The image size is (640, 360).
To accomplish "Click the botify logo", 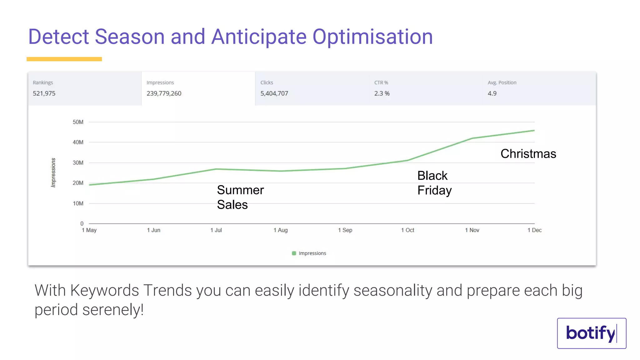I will (591, 333).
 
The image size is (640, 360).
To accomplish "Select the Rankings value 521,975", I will (44, 93).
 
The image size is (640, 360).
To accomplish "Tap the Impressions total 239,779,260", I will (164, 93).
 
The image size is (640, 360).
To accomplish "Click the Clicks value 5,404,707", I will (274, 93).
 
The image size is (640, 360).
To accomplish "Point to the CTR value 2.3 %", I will (382, 93).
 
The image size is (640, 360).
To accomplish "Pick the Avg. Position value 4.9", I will (492, 93).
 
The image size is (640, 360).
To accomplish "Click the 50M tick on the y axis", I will (78, 122).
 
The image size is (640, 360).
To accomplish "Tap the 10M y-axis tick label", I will (78, 203).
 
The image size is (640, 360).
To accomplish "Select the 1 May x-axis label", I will (89, 230).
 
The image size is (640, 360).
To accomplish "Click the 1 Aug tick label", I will (281, 230).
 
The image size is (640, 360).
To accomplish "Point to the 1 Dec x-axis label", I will (534, 230).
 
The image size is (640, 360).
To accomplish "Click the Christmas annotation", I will (528, 154).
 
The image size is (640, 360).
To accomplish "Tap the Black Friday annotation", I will (434, 183).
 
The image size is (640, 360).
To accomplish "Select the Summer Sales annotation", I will (240, 197).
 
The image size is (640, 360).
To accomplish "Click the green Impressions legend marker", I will (294, 253).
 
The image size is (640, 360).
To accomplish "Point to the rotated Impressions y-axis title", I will (53, 172).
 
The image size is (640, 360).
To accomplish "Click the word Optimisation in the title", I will (372, 37).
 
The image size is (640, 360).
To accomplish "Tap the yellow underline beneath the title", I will (64, 59).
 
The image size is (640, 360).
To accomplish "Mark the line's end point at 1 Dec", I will (534, 131).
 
